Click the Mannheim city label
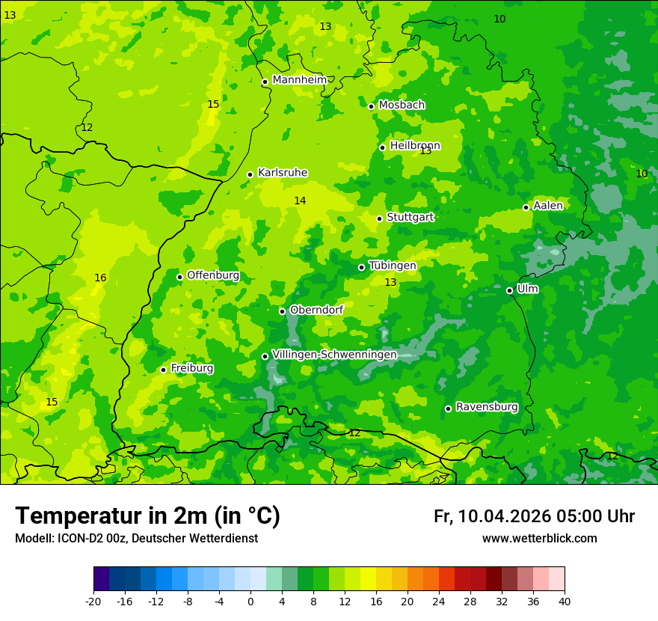pyautogui.click(x=299, y=80)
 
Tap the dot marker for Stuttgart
pyautogui.click(x=380, y=218)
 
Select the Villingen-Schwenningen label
pyautogui.click(x=334, y=355)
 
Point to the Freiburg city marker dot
pyautogui.click(x=163, y=370)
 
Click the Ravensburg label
pyautogui.click(x=487, y=407)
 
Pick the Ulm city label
pyautogui.click(x=527, y=289)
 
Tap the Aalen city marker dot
pyautogui.click(x=526, y=207)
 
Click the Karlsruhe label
pyautogui.click(x=282, y=173)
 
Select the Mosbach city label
pyautogui.click(x=402, y=105)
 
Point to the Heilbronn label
pyautogui.click(x=415, y=146)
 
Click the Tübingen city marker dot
pyautogui.click(x=361, y=267)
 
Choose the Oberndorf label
pyautogui.click(x=316, y=310)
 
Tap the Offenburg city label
pyautogui.click(x=213, y=275)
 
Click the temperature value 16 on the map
pyautogui.click(x=100, y=278)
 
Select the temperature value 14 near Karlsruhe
pyautogui.click(x=300, y=201)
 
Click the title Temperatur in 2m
pyautogui.click(x=147, y=516)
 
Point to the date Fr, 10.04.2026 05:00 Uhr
pyautogui.click(x=534, y=516)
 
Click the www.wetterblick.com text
pyautogui.click(x=539, y=539)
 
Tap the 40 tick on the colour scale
pyautogui.click(x=565, y=602)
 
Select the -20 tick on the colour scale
pyautogui.click(x=93, y=602)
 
